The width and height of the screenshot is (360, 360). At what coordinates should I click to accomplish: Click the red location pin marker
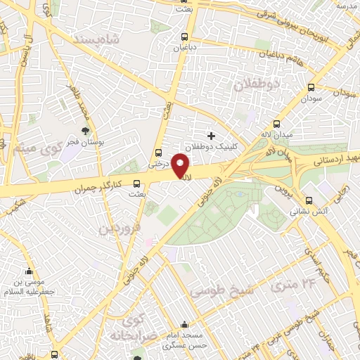(x=180, y=166)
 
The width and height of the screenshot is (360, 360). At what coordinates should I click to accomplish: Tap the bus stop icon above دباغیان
(x=185, y=37)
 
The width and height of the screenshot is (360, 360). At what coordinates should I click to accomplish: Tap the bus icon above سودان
(x=311, y=88)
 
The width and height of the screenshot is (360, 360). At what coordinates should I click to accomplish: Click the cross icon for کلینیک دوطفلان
(x=211, y=134)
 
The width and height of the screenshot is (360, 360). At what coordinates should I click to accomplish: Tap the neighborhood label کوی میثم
(x=32, y=150)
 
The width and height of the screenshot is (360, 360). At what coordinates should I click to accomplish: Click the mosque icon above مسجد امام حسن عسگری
(x=184, y=325)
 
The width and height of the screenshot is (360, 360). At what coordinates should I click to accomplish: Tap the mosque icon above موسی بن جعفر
(x=29, y=271)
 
